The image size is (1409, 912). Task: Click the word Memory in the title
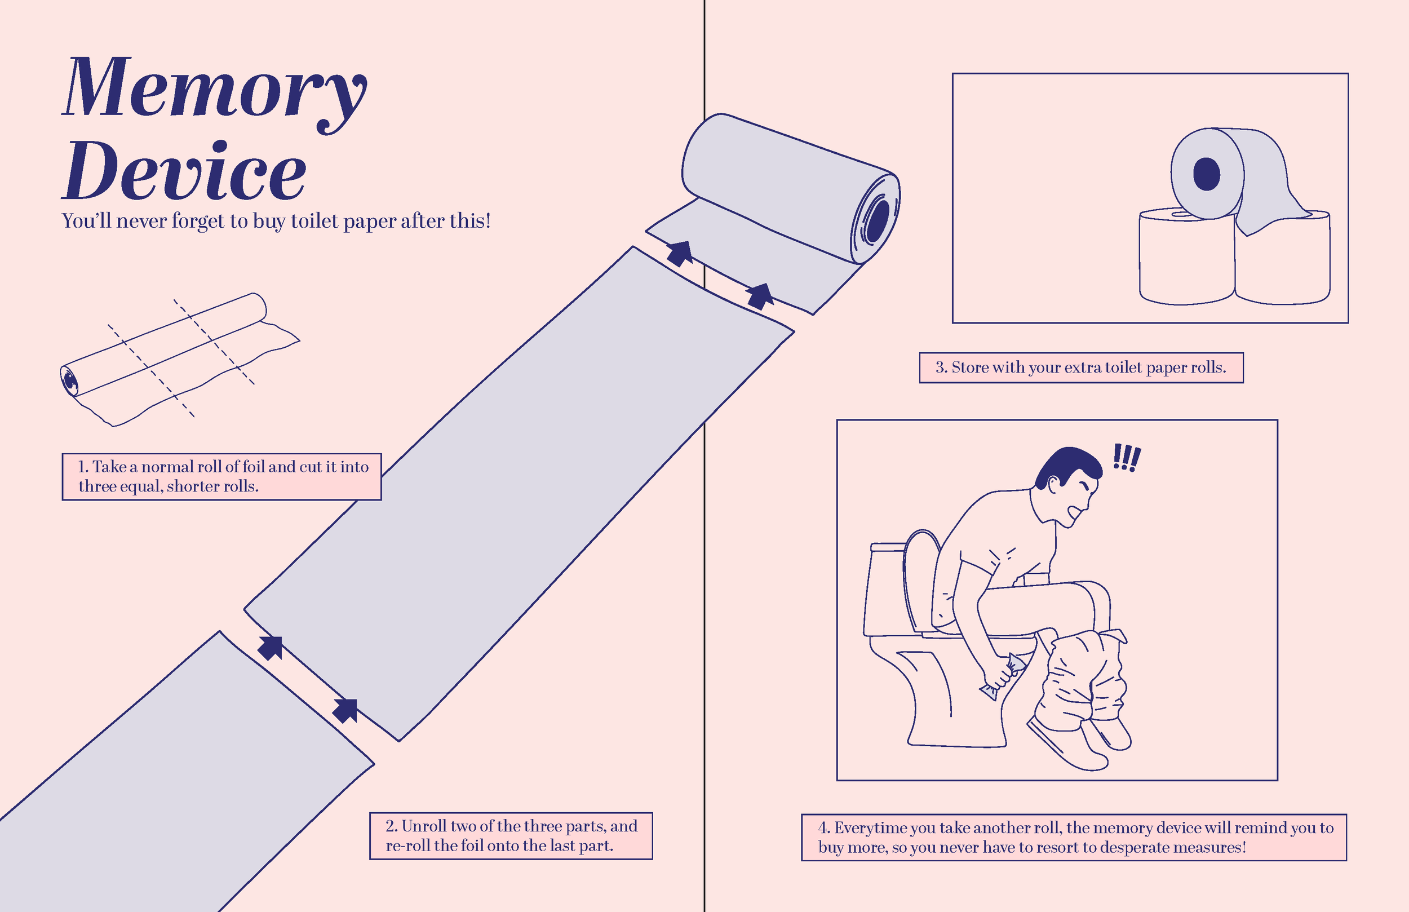coord(214,89)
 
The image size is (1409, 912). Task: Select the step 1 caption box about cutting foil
coord(221,477)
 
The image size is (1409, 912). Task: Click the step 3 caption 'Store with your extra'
coord(1080,368)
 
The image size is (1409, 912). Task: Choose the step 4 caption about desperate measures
coord(1074,838)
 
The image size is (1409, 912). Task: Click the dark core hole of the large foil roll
coord(878,220)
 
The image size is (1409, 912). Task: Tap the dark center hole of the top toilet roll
coord(1207,174)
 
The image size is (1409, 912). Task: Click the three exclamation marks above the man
coord(1127,458)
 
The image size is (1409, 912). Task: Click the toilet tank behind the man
coord(885,586)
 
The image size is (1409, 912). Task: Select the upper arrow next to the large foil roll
coord(680,253)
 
